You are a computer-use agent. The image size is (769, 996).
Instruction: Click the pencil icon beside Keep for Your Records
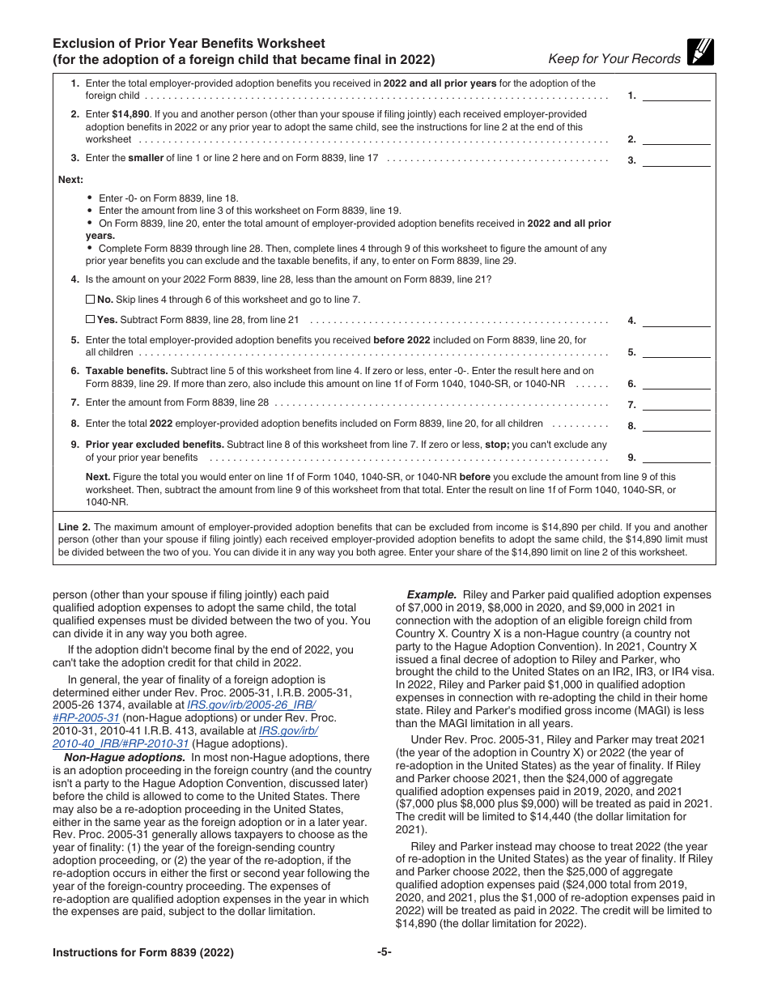(x=699, y=53)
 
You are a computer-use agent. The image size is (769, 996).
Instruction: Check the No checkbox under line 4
(x=90, y=300)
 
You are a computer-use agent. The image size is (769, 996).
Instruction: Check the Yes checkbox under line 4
(x=90, y=320)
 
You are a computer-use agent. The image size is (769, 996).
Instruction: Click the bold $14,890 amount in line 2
(x=130, y=115)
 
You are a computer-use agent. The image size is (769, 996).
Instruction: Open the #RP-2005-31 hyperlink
(x=86, y=717)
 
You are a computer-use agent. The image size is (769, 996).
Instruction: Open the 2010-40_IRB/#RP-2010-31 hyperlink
(x=121, y=743)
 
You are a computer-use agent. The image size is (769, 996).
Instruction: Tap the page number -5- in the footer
(x=384, y=952)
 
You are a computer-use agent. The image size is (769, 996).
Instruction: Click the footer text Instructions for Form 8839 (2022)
(x=143, y=953)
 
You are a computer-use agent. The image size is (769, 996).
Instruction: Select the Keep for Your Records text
(x=614, y=58)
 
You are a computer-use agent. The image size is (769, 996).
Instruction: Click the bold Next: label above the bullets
(x=70, y=180)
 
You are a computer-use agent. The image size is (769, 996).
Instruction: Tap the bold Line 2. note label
(x=74, y=526)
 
